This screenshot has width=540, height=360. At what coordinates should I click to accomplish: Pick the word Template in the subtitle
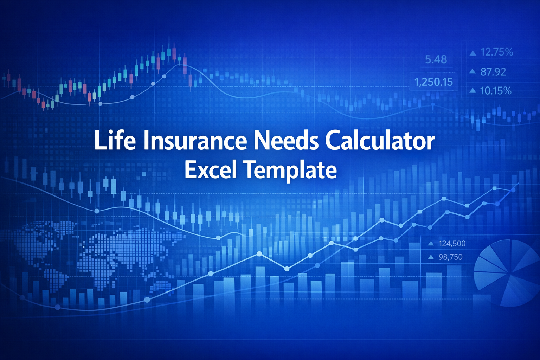[290, 171]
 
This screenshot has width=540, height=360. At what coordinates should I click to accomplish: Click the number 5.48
[436, 60]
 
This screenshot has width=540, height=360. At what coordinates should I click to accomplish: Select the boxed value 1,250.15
[434, 82]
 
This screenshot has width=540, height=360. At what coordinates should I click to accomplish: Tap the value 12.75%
[497, 52]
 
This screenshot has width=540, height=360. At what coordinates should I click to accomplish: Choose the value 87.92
[493, 72]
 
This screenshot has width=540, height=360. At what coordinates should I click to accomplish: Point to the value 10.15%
[496, 91]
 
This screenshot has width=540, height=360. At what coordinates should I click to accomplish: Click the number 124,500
[452, 243]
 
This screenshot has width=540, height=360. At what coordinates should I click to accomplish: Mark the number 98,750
[451, 257]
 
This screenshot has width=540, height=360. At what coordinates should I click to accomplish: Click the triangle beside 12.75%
[473, 53]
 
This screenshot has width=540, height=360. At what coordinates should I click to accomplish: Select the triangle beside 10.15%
[473, 91]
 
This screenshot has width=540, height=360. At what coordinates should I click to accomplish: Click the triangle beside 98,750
[431, 257]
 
